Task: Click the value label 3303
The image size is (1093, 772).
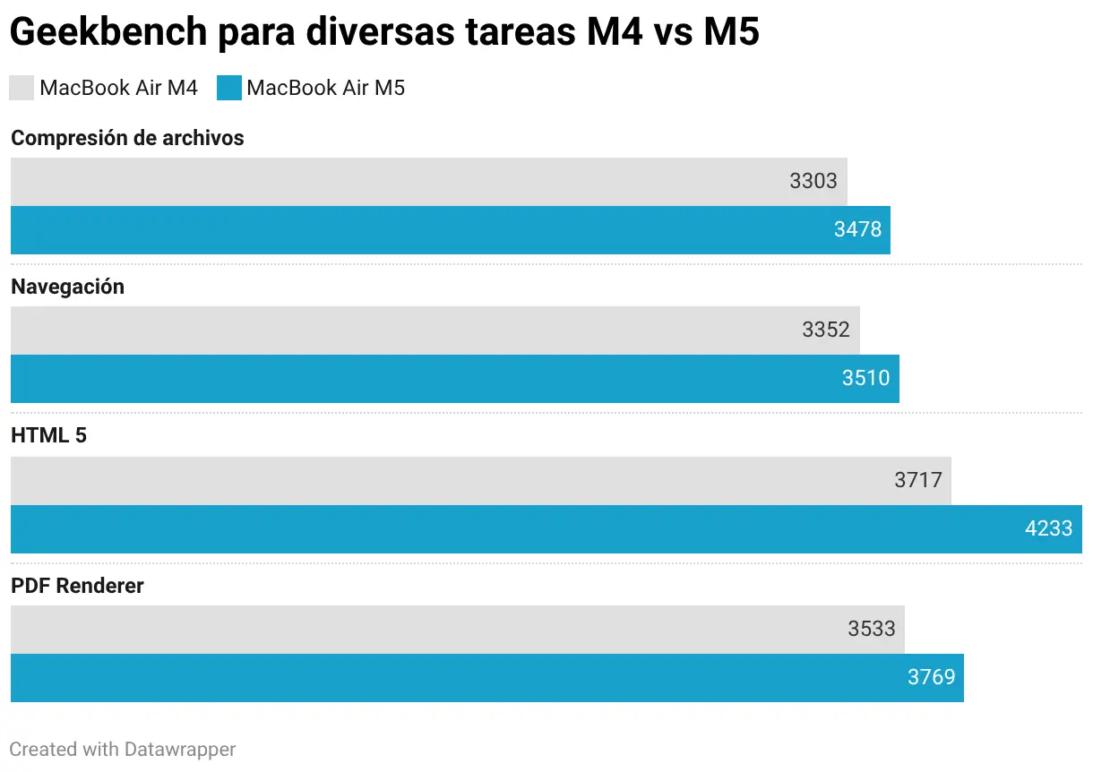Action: coord(813,181)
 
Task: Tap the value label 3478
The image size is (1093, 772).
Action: coord(857,229)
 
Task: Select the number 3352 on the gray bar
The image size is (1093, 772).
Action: coord(825,330)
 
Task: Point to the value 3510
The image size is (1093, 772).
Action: coord(865,378)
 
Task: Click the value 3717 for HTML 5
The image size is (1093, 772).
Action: coord(918,480)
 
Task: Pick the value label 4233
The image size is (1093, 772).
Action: coord(1048,528)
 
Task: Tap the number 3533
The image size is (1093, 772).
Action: coord(872,629)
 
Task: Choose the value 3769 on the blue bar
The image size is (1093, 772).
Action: coord(931,677)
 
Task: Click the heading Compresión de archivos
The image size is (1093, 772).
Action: coord(127,138)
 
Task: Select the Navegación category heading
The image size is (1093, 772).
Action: coord(67,287)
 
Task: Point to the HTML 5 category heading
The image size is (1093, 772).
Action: coord(48,436)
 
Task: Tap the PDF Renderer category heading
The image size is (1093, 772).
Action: coord(77,586)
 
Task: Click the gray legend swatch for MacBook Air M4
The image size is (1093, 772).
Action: coord(22,88)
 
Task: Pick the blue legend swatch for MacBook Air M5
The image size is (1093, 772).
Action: coord(229,88)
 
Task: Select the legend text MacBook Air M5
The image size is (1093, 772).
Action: coord(325,88)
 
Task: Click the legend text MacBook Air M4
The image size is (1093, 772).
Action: coord(118,88)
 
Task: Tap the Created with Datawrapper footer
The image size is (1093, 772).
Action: coord(123,749)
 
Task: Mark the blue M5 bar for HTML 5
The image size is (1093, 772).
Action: coord(538,528)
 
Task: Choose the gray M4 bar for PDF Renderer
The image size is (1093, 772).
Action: coord(448,629)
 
